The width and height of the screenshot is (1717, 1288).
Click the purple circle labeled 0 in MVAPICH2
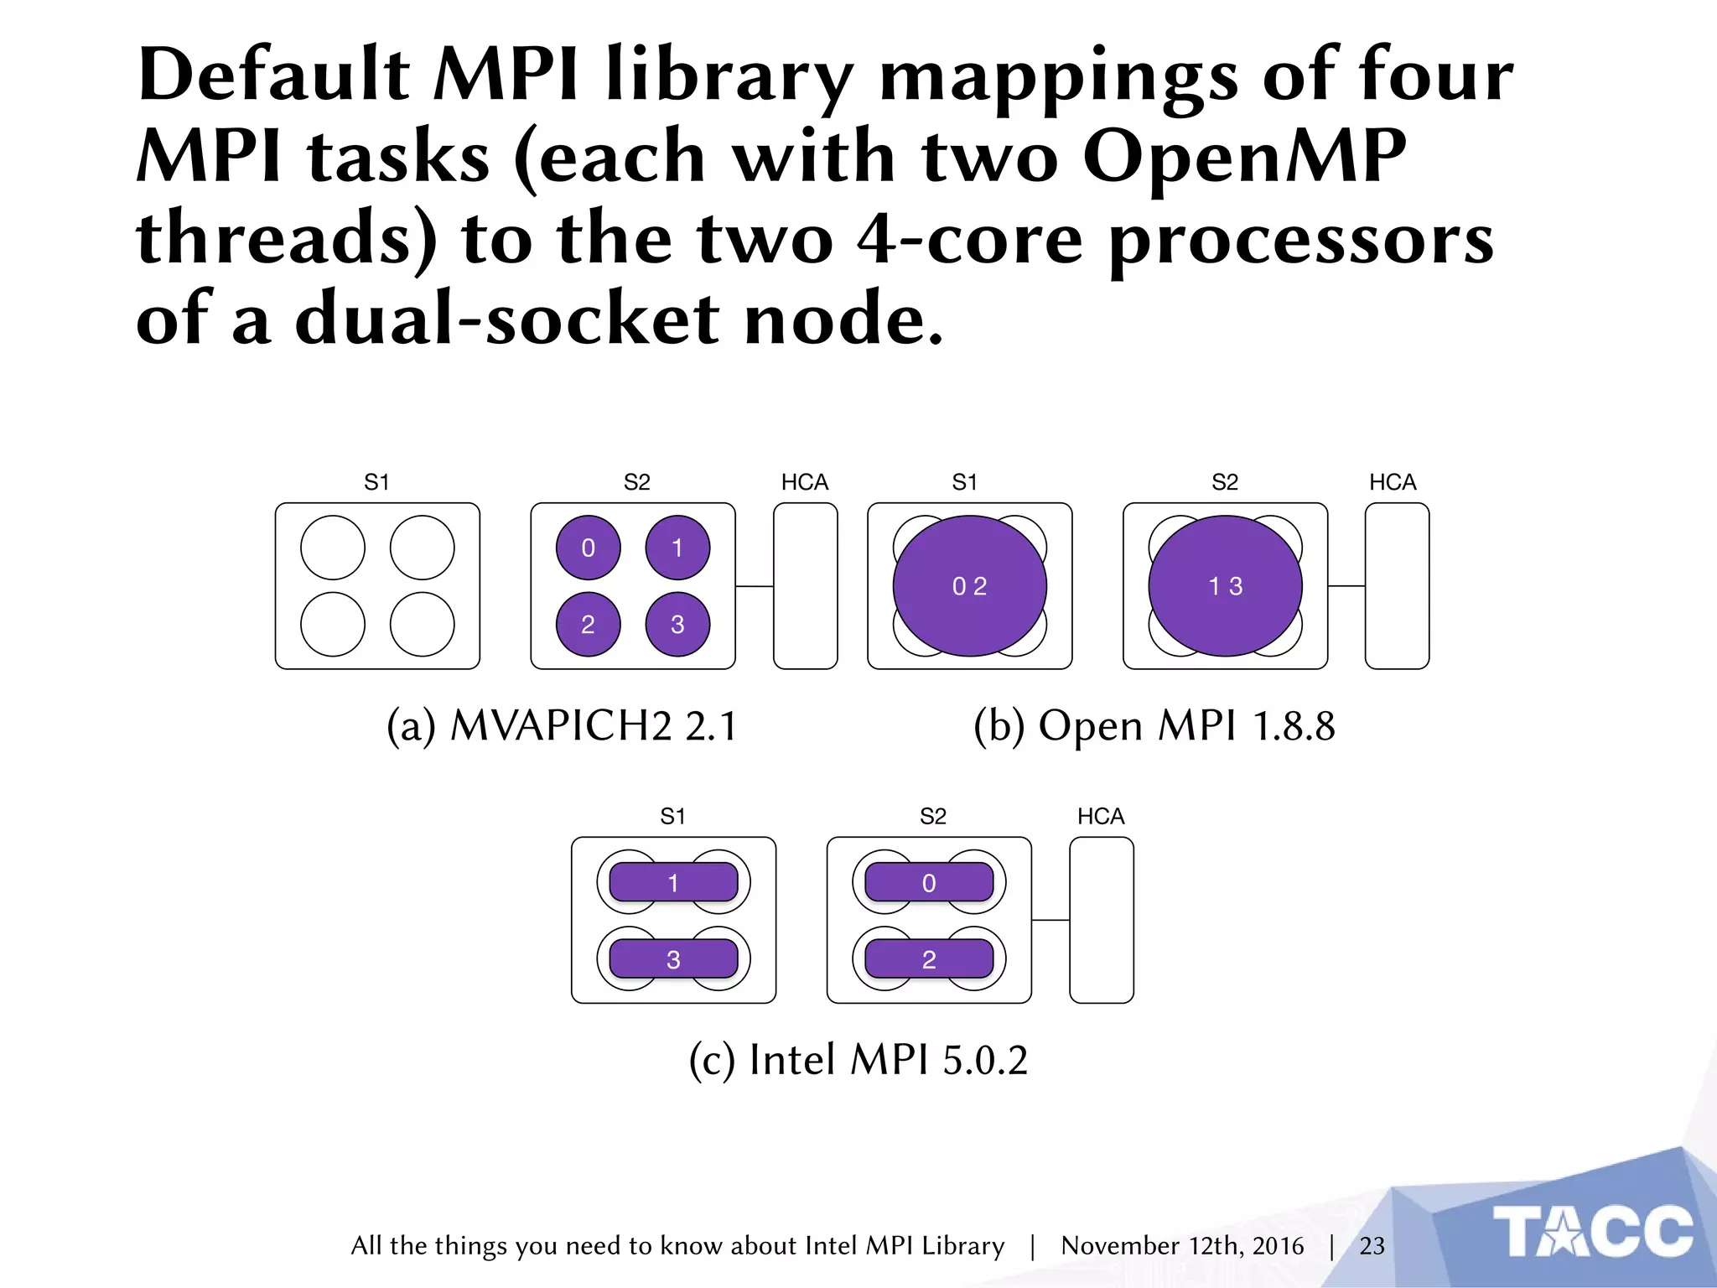[588, 548]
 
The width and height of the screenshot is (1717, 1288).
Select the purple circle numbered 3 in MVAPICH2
[677, 624]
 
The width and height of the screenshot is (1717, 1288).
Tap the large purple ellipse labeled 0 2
[969, 585]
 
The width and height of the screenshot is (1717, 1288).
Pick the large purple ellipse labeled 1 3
[1225, 585]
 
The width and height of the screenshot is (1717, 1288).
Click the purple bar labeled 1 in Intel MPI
[673, 882]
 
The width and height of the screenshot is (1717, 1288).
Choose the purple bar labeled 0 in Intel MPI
[929, 882]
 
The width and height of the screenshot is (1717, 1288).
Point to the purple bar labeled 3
[673, 959]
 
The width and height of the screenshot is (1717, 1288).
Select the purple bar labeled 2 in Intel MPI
[929, 959]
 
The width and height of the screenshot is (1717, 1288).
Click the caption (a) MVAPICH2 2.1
[561, 726]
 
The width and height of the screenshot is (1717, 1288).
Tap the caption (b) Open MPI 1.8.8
[1154, 726]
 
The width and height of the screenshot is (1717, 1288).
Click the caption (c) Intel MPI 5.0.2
[858, 1060]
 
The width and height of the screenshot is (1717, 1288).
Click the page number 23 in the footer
[1372, 1246]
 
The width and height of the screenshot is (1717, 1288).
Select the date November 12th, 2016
[1182, 1246]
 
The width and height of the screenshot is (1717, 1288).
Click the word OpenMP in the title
[1244, 158]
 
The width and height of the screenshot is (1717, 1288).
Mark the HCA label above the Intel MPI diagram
[1100, 816]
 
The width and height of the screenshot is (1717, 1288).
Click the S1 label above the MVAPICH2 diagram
[376, 482]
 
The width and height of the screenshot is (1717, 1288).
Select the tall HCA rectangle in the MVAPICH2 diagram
[805, 585]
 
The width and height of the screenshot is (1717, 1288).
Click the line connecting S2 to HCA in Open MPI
[1346, 586]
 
